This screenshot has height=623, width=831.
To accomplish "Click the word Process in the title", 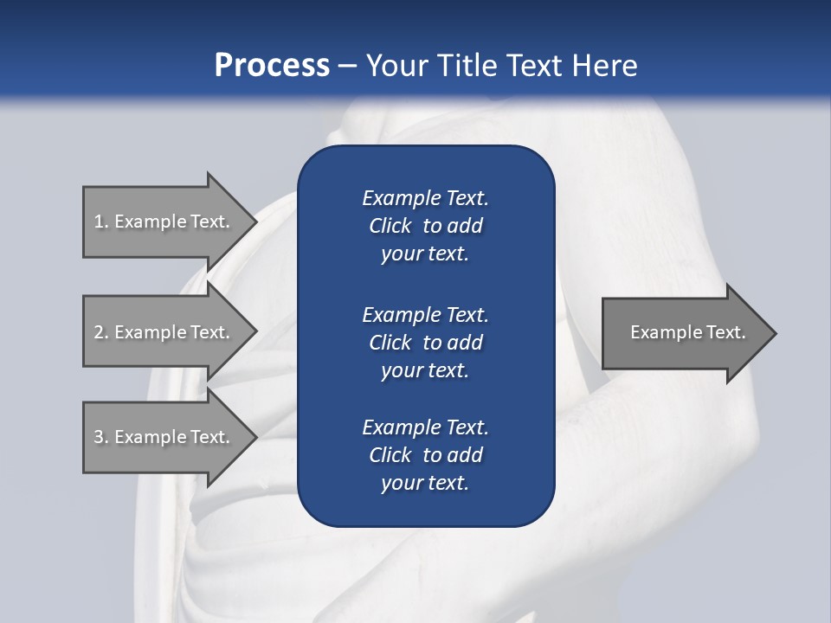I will pyautogui.click(x=272, y=66).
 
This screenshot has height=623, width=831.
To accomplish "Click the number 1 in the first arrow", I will pyautogui.click(x=99, y=222).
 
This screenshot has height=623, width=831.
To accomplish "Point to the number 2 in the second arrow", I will pyautogui.click(x=99, y=332).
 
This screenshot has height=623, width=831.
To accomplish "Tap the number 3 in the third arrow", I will pyautogui.click(x=99, y=437).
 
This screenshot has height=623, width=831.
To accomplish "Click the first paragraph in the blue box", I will pyautogui.click(x=425, y=226).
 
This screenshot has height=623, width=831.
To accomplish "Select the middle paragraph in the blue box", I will pyautogui.click(x=425, y=342).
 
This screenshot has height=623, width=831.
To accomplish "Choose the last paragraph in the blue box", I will pyautogui.click(x=425, y=455).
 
